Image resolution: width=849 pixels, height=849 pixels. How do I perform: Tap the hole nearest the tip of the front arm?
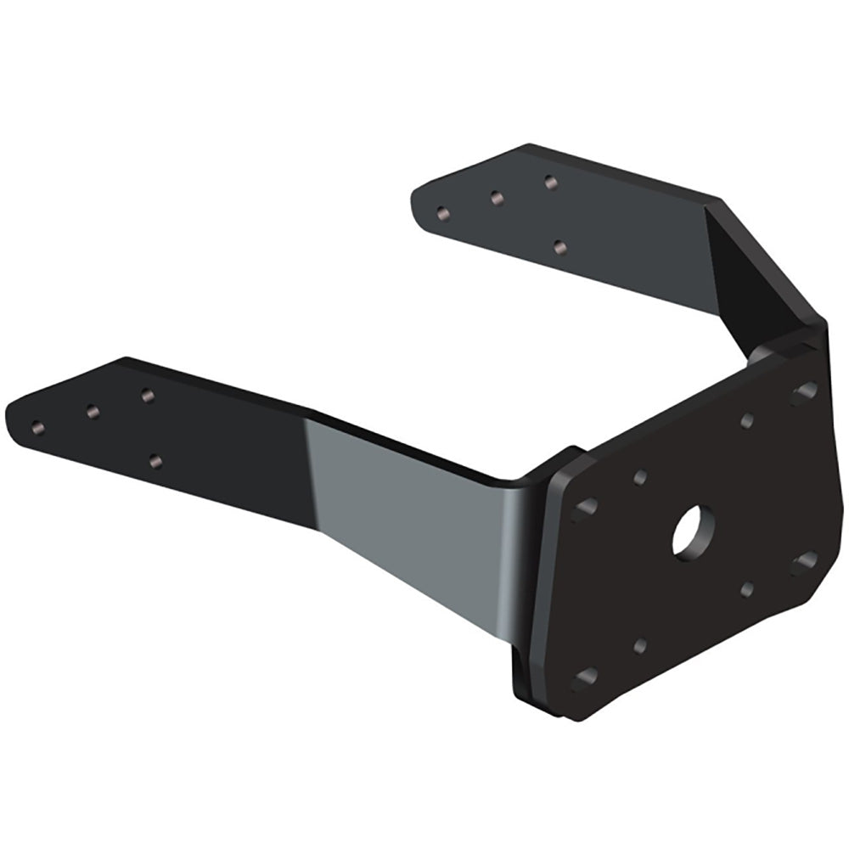point(37,426)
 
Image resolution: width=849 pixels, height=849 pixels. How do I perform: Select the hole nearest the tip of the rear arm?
point(441,212)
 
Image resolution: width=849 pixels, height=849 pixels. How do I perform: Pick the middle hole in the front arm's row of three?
point(93,411)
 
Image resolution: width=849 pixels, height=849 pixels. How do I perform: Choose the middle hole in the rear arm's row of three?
point(496,197)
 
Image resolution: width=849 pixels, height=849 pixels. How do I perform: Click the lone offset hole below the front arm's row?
point(155,461)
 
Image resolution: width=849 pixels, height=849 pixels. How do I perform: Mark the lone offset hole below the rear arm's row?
point(559,247)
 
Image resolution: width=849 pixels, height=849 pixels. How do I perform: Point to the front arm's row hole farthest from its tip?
point(147,395)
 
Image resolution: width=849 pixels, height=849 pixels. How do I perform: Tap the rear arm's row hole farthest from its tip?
point(550,181)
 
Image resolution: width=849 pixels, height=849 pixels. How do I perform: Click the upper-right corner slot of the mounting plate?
point(803,392)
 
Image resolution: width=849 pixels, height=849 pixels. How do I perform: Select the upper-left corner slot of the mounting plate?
point(585,509)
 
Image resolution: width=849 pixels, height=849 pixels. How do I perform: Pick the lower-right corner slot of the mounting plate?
point(803,563)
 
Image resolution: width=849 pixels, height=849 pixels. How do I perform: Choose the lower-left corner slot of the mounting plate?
point(585,679)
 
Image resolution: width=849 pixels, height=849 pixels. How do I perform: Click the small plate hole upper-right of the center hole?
point(747,419)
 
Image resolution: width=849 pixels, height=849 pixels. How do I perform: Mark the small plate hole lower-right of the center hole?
point(747,588)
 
